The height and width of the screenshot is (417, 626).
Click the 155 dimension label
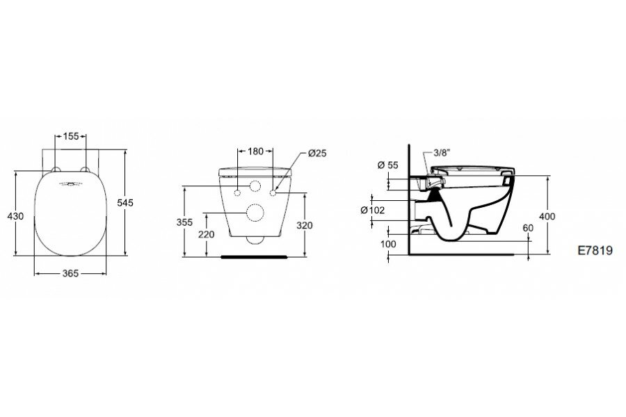point(71,136)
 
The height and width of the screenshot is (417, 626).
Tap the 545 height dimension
point(125,203)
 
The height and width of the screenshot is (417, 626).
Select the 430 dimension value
point(15,216)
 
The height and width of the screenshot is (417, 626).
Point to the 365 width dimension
point(70,273)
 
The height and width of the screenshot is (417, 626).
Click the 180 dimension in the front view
point(255,152)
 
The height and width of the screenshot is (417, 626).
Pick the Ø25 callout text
point(317,153)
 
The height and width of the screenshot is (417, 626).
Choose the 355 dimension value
point(184,222)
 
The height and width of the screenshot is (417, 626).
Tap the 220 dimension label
point(207,235)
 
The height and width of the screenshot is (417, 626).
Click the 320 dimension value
point(305,226)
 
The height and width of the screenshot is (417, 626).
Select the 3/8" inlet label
point(442,152)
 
